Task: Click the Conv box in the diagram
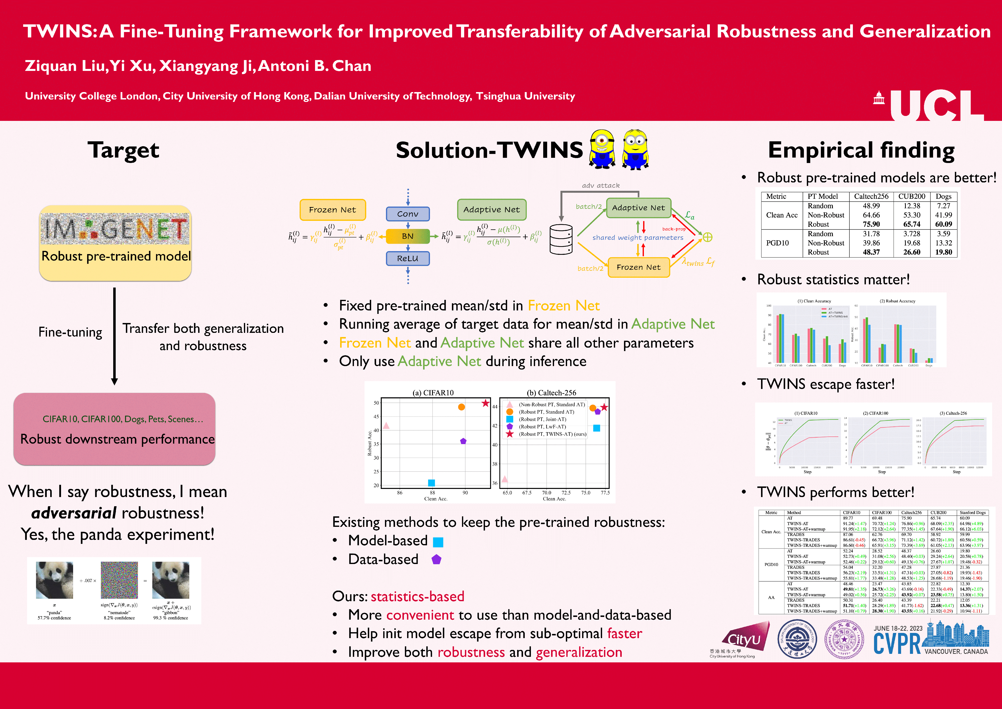[x=408, y=214]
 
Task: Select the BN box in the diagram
[x=408, y=236]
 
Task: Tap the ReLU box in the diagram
[x=408, y=258]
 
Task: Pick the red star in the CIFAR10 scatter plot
[x=485, y=403]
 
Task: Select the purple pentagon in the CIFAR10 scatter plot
[x=463, y=441]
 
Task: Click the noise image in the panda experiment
[x=119, y=580]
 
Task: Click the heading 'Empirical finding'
[x=861, y=150]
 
